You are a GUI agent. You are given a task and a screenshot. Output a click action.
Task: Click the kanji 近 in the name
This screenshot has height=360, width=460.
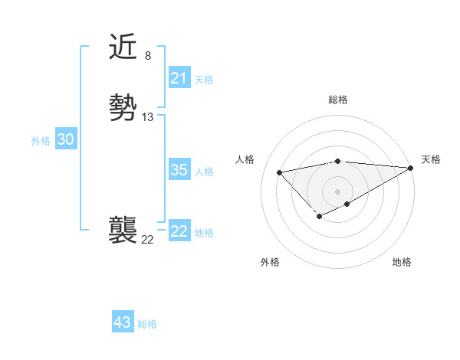click(124, 47)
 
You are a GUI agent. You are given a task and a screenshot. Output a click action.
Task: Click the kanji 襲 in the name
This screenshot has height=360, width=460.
click(124, 230)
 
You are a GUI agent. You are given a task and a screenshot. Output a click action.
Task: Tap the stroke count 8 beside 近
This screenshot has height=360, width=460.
click(147, 56)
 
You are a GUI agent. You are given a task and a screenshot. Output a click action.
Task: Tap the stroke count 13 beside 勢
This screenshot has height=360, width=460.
click(148, 117)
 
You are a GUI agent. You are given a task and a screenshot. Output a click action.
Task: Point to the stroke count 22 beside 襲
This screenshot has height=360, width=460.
click(147, 239)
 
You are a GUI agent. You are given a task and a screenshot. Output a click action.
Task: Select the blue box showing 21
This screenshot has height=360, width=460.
click(179, 78)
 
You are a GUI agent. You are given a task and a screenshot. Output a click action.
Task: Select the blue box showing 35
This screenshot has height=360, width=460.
click(179, 170)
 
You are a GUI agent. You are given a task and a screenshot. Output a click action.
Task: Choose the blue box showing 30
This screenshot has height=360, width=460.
click(65, 139)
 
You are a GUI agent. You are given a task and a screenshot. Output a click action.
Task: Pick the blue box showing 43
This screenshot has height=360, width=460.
click(123, 322)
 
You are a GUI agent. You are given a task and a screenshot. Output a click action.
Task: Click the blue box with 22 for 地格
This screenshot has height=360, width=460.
click(179, 231)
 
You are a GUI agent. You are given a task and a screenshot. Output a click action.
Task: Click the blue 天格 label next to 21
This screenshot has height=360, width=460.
click(204, 80)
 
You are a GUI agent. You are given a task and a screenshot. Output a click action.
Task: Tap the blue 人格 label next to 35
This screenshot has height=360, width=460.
click(204, 172)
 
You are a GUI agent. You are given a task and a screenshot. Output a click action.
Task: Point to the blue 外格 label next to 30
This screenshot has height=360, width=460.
click(41, 141)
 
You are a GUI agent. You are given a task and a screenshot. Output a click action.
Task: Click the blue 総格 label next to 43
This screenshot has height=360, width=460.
click(147, 324)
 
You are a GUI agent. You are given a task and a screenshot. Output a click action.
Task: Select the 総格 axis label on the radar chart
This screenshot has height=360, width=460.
click(337, 100)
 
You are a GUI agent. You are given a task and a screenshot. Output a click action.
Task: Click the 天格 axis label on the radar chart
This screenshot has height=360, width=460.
click(431, 159)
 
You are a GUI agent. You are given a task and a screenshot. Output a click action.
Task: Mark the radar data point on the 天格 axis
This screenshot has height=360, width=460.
click(412, 168)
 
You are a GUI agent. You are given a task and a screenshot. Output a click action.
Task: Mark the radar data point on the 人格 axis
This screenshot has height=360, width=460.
click(279, 172)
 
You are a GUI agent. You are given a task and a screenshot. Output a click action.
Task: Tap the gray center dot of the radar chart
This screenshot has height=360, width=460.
click(337, 191)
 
